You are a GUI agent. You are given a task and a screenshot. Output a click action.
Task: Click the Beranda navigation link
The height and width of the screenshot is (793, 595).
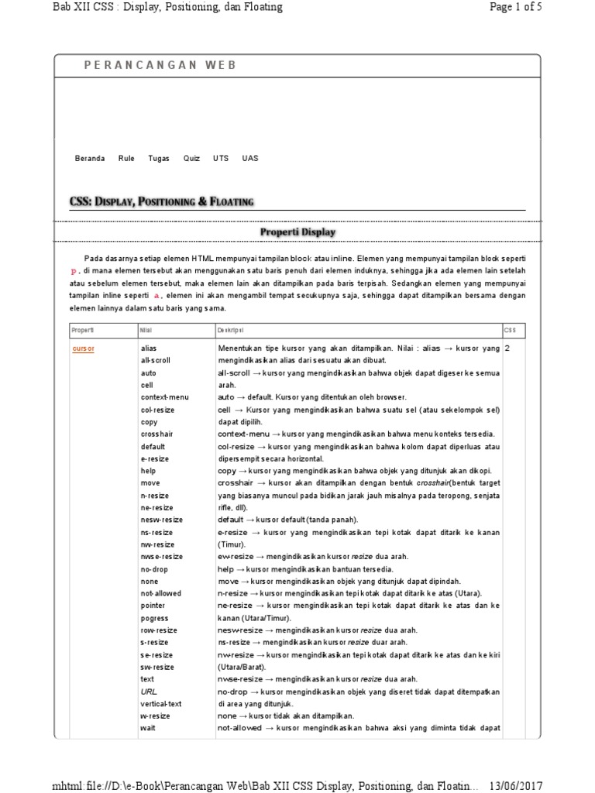tap(89, 158)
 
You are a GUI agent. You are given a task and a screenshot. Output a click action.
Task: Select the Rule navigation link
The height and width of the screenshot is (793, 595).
tap(126, 158)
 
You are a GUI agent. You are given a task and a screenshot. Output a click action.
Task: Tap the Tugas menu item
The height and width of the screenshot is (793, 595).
tap(158, 158)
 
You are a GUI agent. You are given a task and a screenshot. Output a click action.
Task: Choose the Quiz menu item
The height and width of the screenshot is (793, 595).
tap(191, 158)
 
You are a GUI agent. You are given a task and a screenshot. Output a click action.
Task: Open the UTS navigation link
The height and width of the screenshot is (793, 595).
tap(221, 158)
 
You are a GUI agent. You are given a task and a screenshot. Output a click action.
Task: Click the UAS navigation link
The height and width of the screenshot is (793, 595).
tap(250, 158)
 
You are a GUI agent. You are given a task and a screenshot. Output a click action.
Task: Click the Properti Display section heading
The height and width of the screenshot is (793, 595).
tap(297, 232)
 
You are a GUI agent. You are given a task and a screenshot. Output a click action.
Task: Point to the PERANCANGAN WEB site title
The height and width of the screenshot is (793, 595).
tap(160, 66)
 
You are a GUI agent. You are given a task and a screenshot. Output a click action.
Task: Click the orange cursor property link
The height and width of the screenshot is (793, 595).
tap(83, 348)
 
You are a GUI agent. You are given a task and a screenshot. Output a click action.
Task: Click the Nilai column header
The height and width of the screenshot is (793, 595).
tap(146, 330)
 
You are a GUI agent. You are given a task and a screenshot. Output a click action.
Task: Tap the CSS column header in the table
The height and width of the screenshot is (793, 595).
tap(510, 330)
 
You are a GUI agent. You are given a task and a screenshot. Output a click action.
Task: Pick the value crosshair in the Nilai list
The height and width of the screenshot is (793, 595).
tap(157, 434)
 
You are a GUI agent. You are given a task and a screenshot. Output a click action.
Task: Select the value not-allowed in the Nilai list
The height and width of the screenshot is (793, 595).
tap(161, 593)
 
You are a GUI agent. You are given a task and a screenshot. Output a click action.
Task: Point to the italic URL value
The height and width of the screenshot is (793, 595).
tap(148, 692)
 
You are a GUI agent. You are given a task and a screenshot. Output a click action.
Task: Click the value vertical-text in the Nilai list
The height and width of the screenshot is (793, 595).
tap(161, 704)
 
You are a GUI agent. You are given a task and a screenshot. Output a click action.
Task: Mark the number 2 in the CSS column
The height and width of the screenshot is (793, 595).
tap(507, 348)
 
